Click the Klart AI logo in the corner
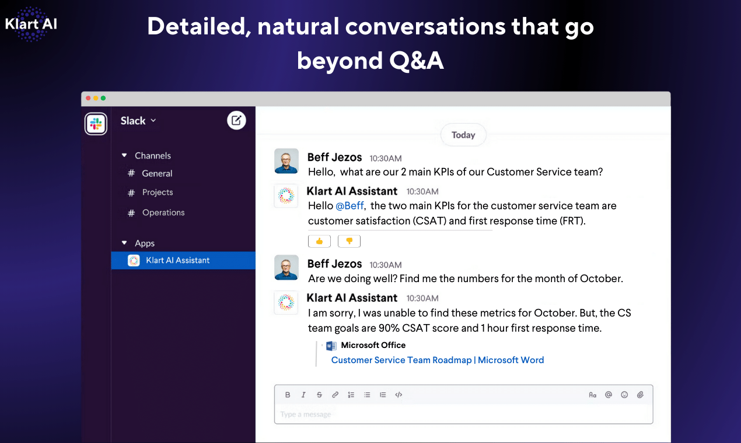[x=31, y=24]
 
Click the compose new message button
[x=236, y=121]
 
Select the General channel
[x=157, y=174]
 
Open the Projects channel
[x=158, y=192]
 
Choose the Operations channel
[x=163, y=213]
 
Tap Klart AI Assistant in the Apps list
[x=177, y=261]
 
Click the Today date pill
[x=463, y=135]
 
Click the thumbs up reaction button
[x=319, y=241]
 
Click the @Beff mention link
[x=349, y=206]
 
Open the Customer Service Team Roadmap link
[x=437, y=360]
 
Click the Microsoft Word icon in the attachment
[x=331, y=346]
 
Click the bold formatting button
[x=288, y=395]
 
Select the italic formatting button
[x=303, y=395]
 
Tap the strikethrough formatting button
[x=319, y=395]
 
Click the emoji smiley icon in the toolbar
[x=624, y=395]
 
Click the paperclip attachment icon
[x=640, y=395]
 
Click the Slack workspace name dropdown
[x=138, y=121]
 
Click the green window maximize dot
[x=103, y=99]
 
